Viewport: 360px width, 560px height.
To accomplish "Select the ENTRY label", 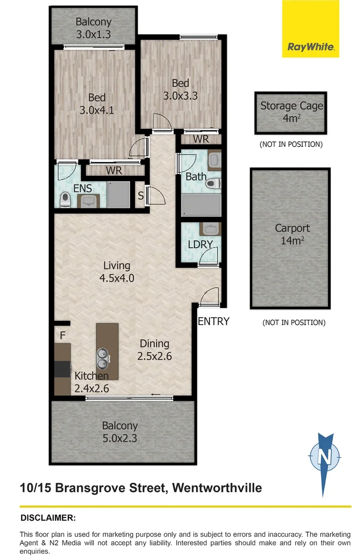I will click(213, 321).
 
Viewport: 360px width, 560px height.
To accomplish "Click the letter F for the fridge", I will click(62, 335).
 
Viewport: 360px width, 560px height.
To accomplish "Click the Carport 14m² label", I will click(292, 233).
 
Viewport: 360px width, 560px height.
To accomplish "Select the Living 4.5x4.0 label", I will click(117, 272).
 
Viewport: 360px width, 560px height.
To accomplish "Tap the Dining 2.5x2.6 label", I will click(154, 350).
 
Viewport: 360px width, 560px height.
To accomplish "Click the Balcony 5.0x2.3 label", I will click(120, 432).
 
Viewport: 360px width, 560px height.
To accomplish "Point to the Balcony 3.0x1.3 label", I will click(93, 29).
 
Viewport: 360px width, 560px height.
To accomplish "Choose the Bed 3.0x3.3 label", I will click(181, 89).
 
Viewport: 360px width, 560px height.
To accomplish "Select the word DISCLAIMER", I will click(48, 517).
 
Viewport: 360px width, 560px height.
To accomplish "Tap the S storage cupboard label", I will click(140, 196).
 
